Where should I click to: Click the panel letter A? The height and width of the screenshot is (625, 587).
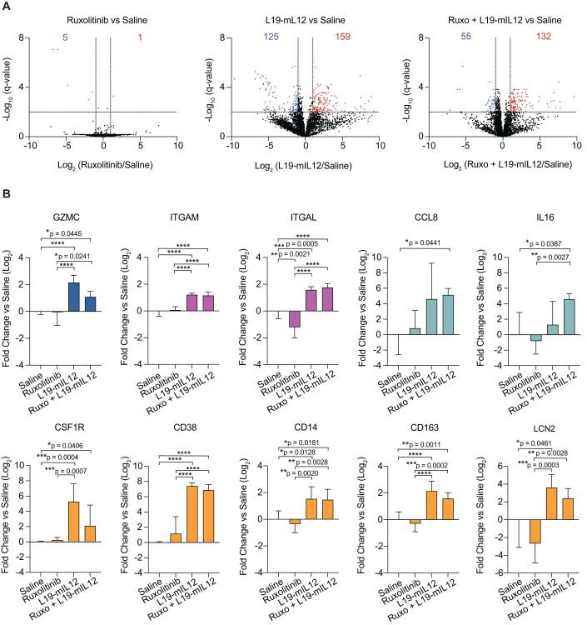click(7, 7)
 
